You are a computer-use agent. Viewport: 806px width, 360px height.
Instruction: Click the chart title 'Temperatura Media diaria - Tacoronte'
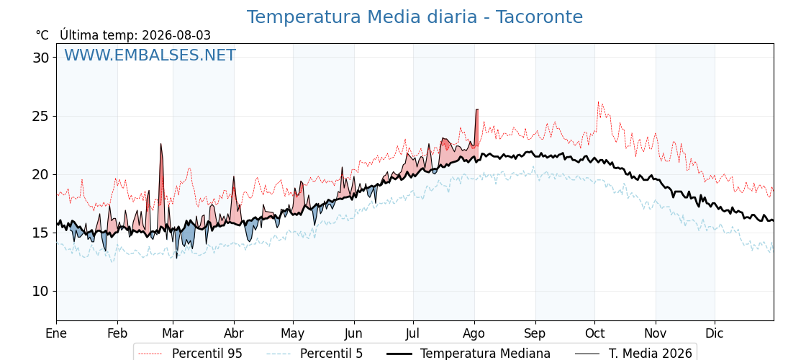tap(415, 17)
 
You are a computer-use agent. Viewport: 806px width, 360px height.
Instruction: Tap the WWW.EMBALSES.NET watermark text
tap(150, 55)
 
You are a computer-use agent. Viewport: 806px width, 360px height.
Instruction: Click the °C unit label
tap(42, 35)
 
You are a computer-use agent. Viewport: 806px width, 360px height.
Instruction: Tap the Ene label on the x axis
tap(56, 333)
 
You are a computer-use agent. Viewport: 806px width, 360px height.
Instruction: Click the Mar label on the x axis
tap(173, 333)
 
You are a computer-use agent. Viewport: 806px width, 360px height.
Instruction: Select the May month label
tap(292, 333)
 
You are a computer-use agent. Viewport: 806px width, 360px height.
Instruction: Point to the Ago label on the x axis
tap(474, 333)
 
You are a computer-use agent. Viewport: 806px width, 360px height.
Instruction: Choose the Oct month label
tap(594, 333)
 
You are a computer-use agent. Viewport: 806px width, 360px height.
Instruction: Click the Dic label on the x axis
tap(715, 333)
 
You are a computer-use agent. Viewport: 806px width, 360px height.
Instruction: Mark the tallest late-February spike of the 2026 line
tap(161, 144)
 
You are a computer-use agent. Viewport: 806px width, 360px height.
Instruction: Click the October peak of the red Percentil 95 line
tap(598, 102)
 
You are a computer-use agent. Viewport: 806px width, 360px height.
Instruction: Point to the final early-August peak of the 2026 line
tap(477, 109)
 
